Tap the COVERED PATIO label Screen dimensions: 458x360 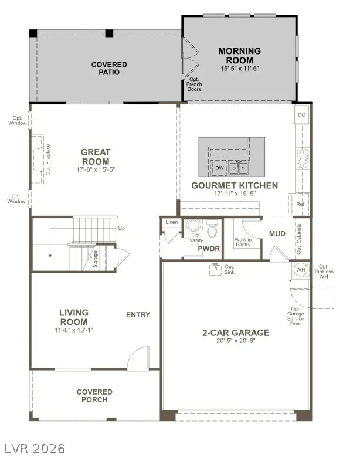[105, 68]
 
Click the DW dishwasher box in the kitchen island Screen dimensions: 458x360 [219, 168]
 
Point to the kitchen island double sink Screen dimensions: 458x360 [238, 168]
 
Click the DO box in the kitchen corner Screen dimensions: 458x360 [301, 115]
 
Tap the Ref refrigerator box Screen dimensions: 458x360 [300, 205]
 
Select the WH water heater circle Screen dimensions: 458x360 [300, 271]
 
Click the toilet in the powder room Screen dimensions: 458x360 [212, 230]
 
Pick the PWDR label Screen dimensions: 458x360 [208, 249]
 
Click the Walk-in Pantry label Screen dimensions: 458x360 [243, 242]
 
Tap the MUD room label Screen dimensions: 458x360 [277, 234]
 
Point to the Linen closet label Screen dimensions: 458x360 [172, 223]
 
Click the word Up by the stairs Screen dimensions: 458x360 [121, 228]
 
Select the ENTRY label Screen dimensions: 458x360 [138, 315]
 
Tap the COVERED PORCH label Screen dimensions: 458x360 [94, 396]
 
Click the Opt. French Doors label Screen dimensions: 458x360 [194, 85]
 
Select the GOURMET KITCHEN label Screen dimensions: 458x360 [235, 185]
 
